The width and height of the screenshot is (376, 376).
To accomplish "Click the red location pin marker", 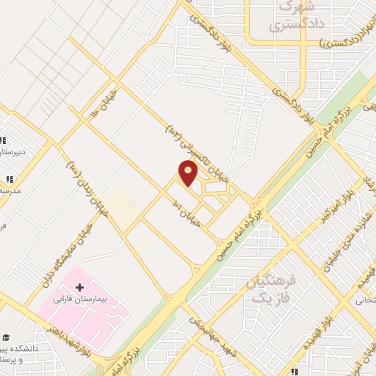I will click(189, 173).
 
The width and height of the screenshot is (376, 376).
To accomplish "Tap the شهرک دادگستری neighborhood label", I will click(286, 18).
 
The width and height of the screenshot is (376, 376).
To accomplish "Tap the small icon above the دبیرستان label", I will click(3, 140).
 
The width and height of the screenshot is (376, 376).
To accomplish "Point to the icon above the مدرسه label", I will click(10, 178).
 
